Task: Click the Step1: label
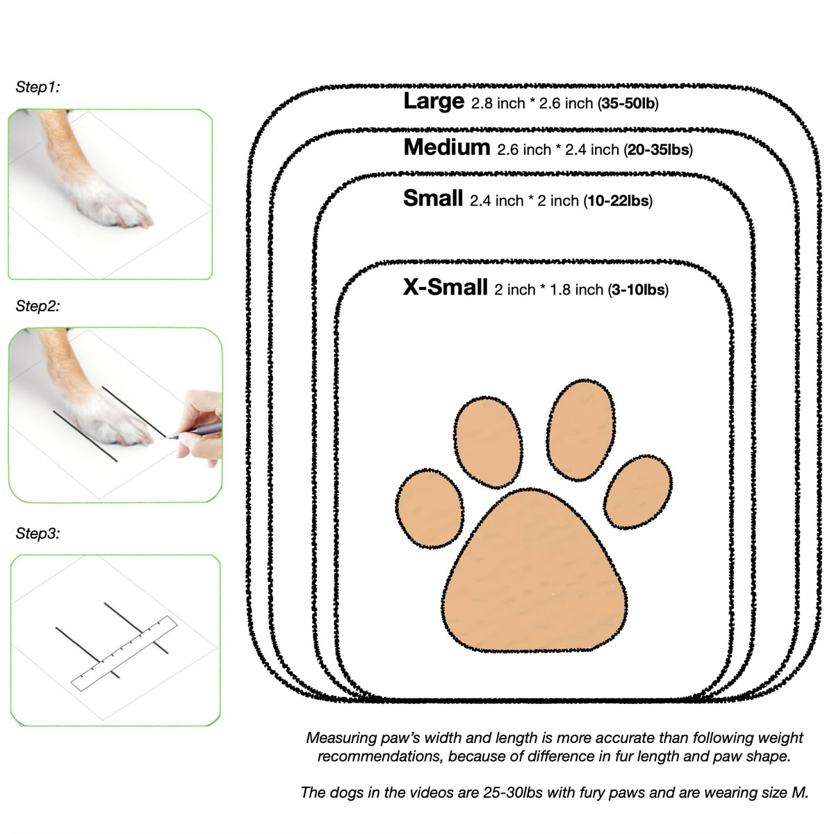[x=38, y=87]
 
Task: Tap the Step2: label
[x=38, y=306]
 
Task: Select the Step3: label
[x=38, y=533]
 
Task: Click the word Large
[x=434, y=101]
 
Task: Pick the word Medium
[x=447, y=147]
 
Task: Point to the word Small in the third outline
[x=433, y=198]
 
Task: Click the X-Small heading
[x=445, y=287]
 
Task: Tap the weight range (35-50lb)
[x=628, y=104]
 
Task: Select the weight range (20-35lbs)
[x=658, y=149]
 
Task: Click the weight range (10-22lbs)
[x=618, y=201]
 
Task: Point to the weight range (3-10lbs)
[x=638, y=290]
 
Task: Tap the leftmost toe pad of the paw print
[x=430, y=508]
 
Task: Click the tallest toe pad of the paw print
[x=581, y=430]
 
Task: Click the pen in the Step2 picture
[x=195, y=431]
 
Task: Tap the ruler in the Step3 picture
[x=124, y=653]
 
